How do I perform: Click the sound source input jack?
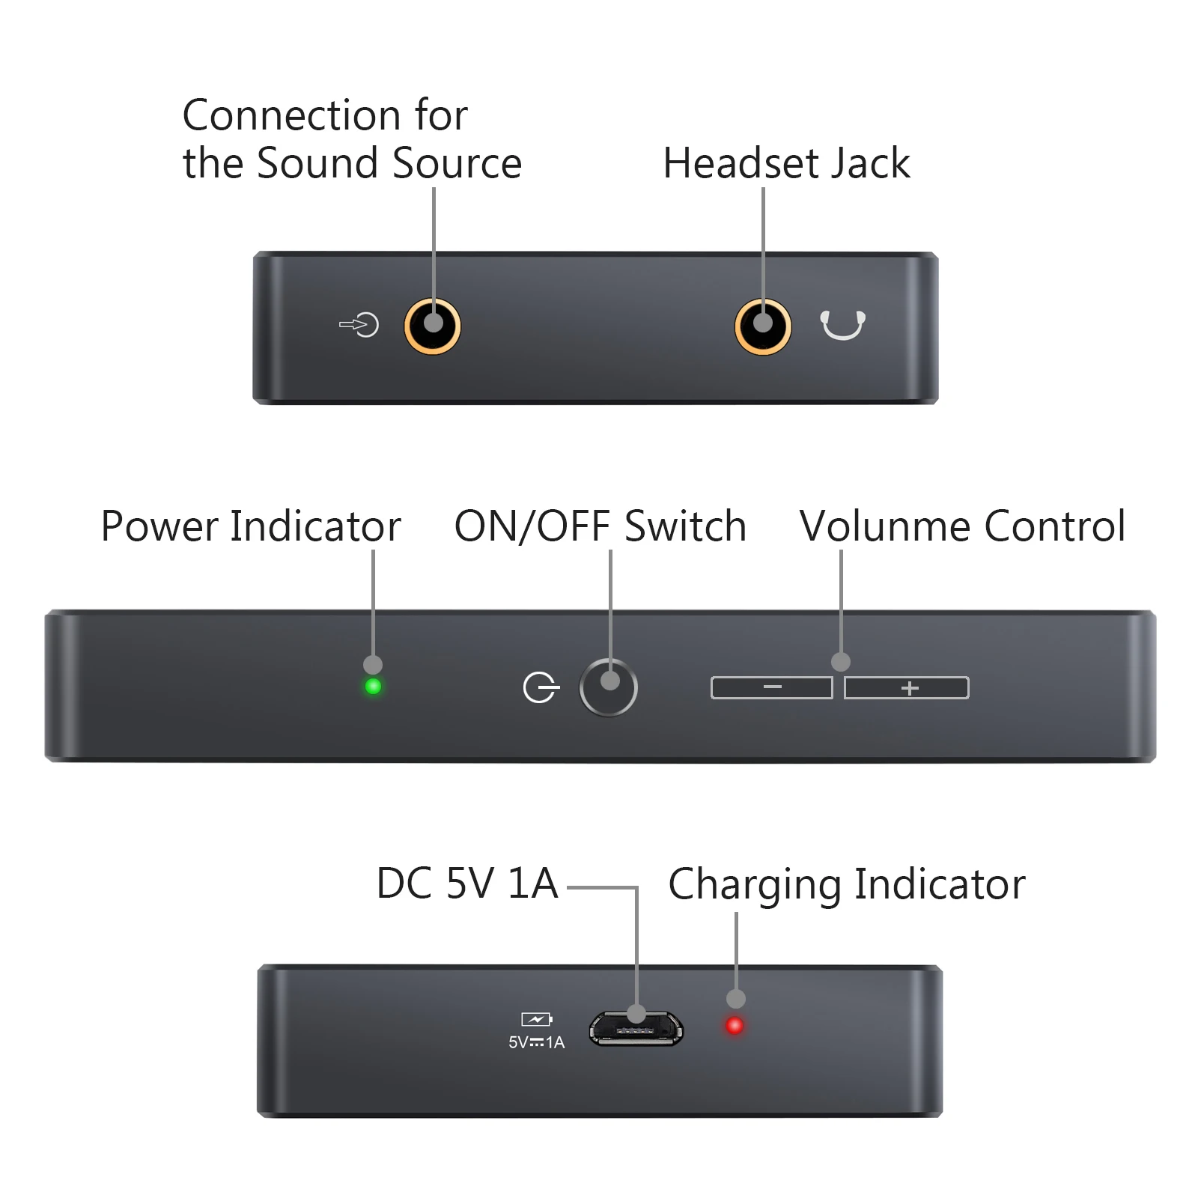pyautogui.click(x=432, y=326)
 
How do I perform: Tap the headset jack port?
pyautogui.click(x=762, y=326)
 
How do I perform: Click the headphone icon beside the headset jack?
pyautogui.click(x=842, y=325)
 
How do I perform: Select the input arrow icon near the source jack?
pyautogui.click(x=359, y=325)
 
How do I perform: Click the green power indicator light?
pyautogui.click(x=373, y=686)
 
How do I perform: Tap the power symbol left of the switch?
pyautogui.click(x=540, y=687)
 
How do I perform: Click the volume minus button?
pyautogui.click(x=771, y=687)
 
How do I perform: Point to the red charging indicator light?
pyautogui.click(x=735, y=1025)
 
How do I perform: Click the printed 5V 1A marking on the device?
pyautogui.click(x=536, y=1042)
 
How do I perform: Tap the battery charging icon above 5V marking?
pyautogui.click(x=536, y=1019)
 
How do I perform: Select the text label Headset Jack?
pyautogui.click(x=786, y=163)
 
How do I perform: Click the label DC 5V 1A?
pyautogui.click(x=467, y=884)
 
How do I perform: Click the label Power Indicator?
pyautogui.click(x=251, y=526)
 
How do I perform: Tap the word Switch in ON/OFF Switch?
pyautogui.click(x=685, y=526)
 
